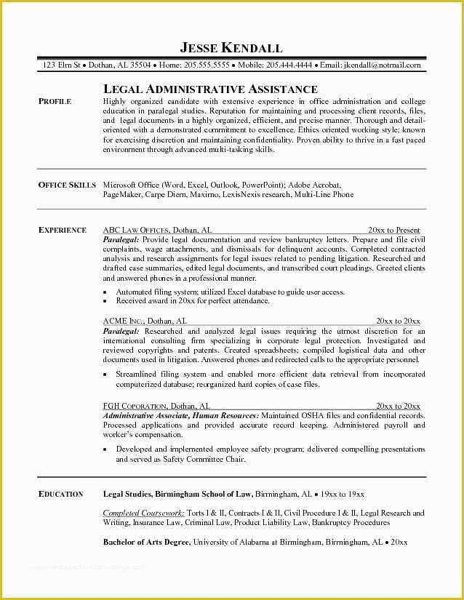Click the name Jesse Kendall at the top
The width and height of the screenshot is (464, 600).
coord(231,48)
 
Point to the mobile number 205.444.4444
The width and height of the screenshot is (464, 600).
coord(288,65)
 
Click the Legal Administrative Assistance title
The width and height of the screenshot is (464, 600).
coord(210,89)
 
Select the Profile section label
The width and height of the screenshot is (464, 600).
coord(55,102)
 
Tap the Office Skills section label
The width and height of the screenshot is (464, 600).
coord(67,185)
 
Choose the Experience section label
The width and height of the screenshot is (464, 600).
coord(62,230)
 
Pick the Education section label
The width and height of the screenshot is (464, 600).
coord(60,494)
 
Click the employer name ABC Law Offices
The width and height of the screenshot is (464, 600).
coord(136,230)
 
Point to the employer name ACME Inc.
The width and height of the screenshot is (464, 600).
coord(124,321)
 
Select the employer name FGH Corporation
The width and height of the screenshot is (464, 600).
coord(136,406)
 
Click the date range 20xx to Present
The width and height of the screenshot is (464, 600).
coord(393,230)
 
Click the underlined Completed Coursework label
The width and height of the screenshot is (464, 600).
coord(143,513)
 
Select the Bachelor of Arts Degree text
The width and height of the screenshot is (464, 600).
coord(146,543)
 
